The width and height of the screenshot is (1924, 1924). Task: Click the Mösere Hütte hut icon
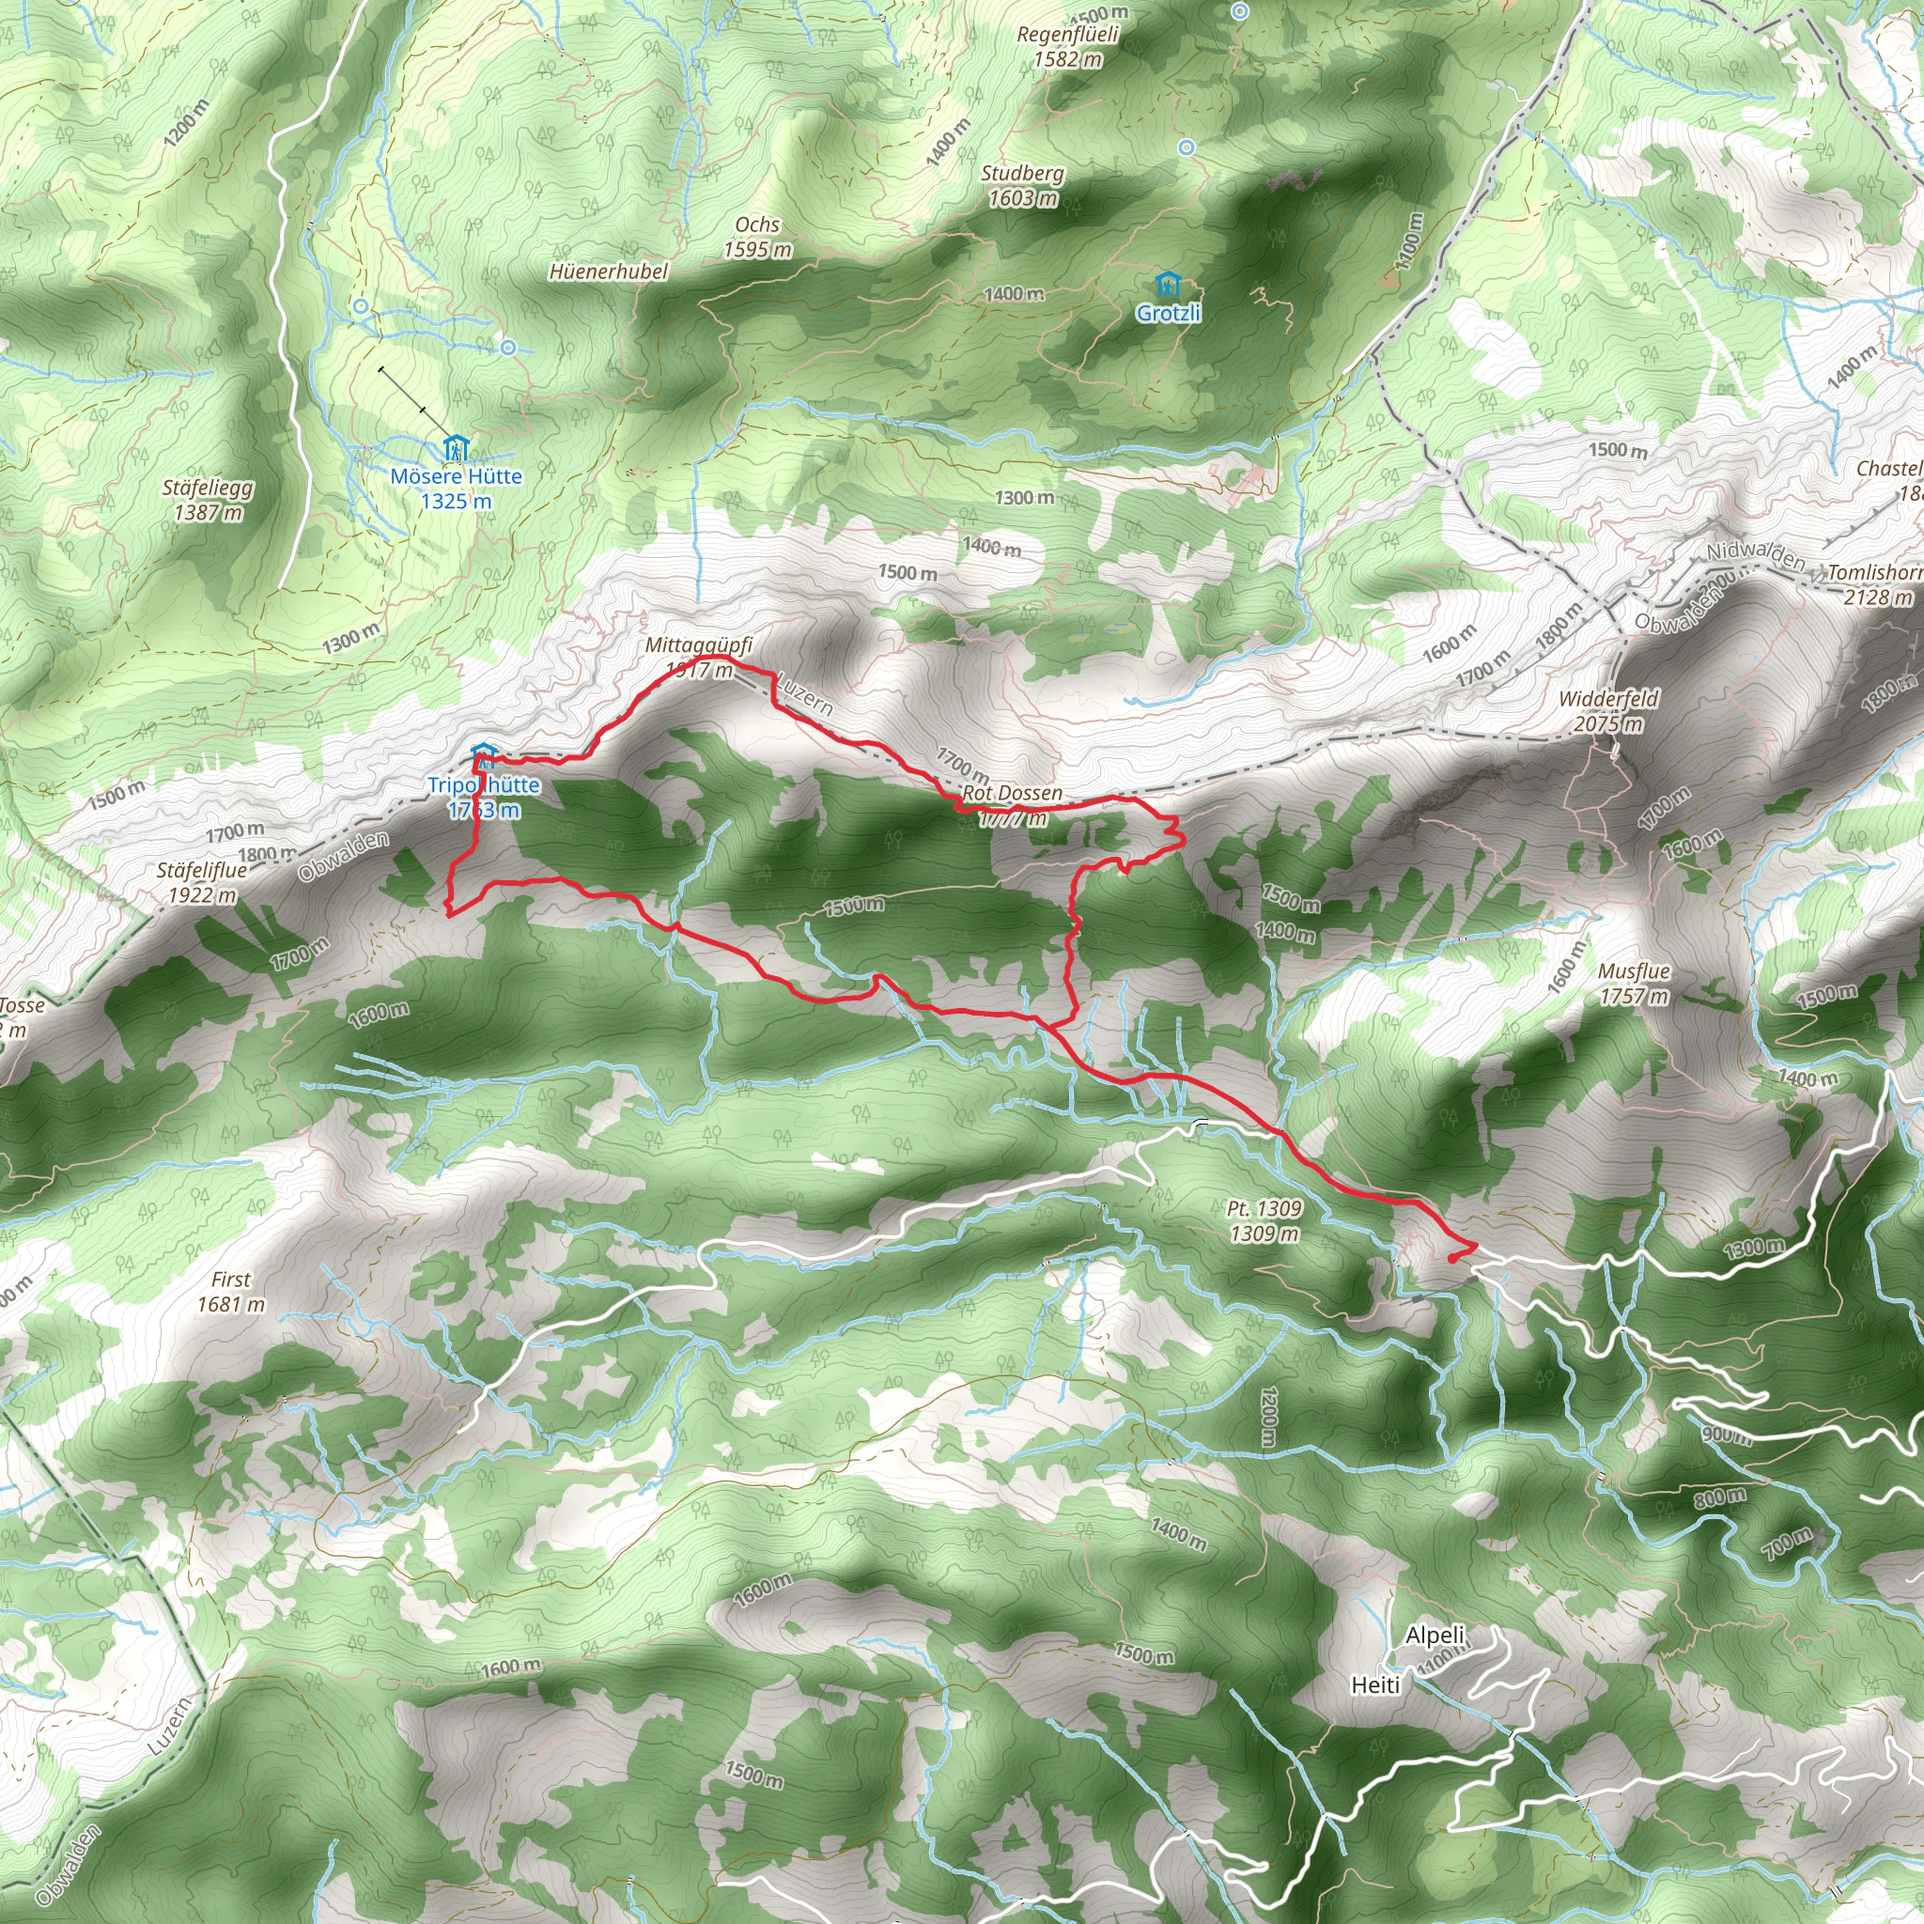[456, 448]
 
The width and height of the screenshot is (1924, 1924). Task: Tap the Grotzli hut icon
[1168, 287]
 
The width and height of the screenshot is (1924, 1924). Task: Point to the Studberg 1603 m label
[1023, 185]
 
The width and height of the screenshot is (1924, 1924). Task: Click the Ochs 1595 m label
[757, 237]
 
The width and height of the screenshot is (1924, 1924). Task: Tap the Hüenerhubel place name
[609, 271]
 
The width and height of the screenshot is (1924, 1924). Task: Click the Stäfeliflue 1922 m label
[201, 882]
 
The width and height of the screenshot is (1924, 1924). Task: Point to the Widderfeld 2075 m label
[1608, 711]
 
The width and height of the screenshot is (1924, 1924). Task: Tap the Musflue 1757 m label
[1633, 983]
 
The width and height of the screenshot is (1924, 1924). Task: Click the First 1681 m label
[231, 1292]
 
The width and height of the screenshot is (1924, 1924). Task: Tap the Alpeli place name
[1435, 1635]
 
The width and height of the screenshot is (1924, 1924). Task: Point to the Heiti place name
[1375, 1684]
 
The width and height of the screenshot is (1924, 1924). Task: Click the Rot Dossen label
[1012, 794]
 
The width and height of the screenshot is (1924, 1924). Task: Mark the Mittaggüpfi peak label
[698, 645]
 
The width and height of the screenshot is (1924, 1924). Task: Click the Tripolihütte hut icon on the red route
[483, 752]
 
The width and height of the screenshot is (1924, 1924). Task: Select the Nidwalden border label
[1755, 557]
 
